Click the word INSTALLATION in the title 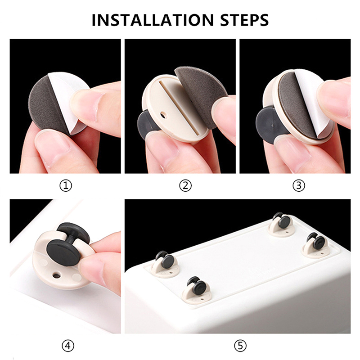[153, 20]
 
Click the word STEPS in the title [244, 20]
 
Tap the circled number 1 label [66, 186]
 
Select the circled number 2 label [185, 186]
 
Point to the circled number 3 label [299, 186]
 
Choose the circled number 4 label [68, 345]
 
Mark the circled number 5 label [240, 345]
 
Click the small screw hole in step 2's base [163, 114]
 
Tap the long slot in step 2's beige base [179, 106]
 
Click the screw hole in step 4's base [57, 274]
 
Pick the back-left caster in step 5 [165, 263]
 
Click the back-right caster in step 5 [282, 224]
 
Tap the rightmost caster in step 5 [316, 244]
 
